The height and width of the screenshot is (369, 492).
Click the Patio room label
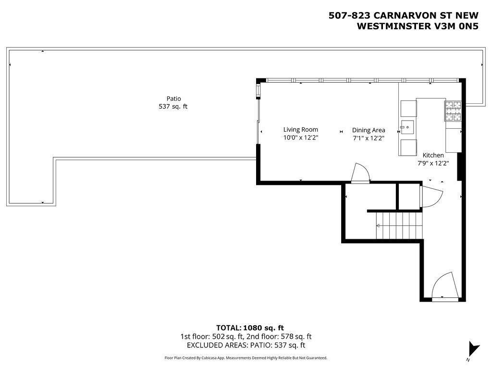click(173, 99)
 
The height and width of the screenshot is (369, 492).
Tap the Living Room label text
click(301, 130)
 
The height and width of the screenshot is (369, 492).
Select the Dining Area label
click(369, 130)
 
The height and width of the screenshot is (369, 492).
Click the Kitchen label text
click(433, 155)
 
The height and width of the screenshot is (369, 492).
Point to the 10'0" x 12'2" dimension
click(301, 138)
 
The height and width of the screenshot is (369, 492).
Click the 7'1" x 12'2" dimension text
click(369, 138)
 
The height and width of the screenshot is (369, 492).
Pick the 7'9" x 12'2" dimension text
click(433, 163)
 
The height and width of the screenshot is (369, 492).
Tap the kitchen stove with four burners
click(453, 111)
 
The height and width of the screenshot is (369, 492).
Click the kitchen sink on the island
click(407, 127)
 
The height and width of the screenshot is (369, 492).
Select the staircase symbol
click(399, 225)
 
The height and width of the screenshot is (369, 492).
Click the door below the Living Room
click(360, 172)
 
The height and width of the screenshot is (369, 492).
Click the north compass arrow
click(473, 349)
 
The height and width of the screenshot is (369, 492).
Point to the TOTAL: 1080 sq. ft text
click(250, 328)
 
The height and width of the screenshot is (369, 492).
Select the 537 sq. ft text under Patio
click(173, 106)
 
